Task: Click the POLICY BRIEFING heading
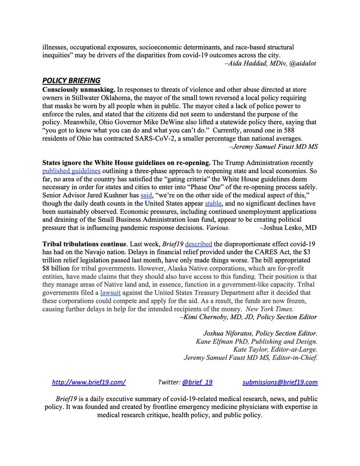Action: point(71,81)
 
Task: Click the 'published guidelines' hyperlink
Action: point(71,171)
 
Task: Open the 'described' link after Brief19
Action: point(198,244)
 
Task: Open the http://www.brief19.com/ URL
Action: point(89,382)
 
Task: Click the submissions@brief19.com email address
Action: point(280,382)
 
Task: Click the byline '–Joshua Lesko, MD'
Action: point(288,228)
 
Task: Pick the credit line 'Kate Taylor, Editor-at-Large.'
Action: point(275,349)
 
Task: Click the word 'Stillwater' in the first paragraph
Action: point(80,98)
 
